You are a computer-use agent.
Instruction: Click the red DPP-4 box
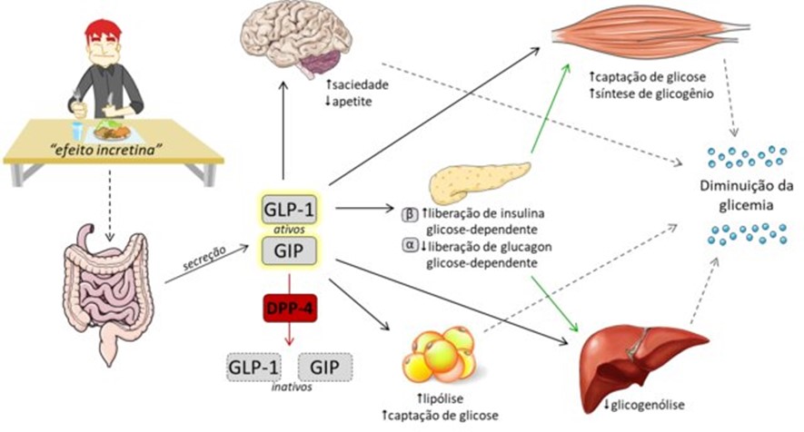tap(285, 309)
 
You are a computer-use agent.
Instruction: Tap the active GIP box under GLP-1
tap(285, 250)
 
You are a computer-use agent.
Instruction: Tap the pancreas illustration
tap(479, 179)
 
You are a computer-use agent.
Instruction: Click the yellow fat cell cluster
tap(438, 356)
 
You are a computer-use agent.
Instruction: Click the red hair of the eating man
tap(103, 34)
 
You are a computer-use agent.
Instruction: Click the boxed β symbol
tap(409, 214)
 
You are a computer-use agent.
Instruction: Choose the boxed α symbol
tap(409, 246)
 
